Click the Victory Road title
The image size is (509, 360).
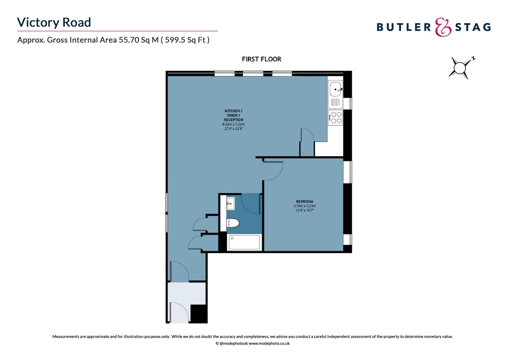click(54, 22)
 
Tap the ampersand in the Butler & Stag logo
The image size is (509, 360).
click(443, 27)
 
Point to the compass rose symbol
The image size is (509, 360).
click(460, 68)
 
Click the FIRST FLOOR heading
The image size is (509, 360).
click(261, 59)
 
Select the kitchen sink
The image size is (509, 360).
click(335, 89)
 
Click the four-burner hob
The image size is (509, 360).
click(335, 118)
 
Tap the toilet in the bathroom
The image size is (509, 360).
click(233, 223)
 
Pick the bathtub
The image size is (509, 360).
click(245, 242)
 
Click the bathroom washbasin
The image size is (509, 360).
click(231, 203)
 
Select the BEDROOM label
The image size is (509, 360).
click(304, 201)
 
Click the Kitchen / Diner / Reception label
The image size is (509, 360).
click(234, 115)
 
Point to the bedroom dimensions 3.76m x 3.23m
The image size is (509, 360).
click(304, 206)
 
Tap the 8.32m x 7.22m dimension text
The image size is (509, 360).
click(234, 124)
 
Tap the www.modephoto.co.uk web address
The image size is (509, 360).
click(269, 343)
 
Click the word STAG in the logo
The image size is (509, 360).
click(473, 27)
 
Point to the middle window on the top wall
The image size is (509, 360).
click(253, 73)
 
